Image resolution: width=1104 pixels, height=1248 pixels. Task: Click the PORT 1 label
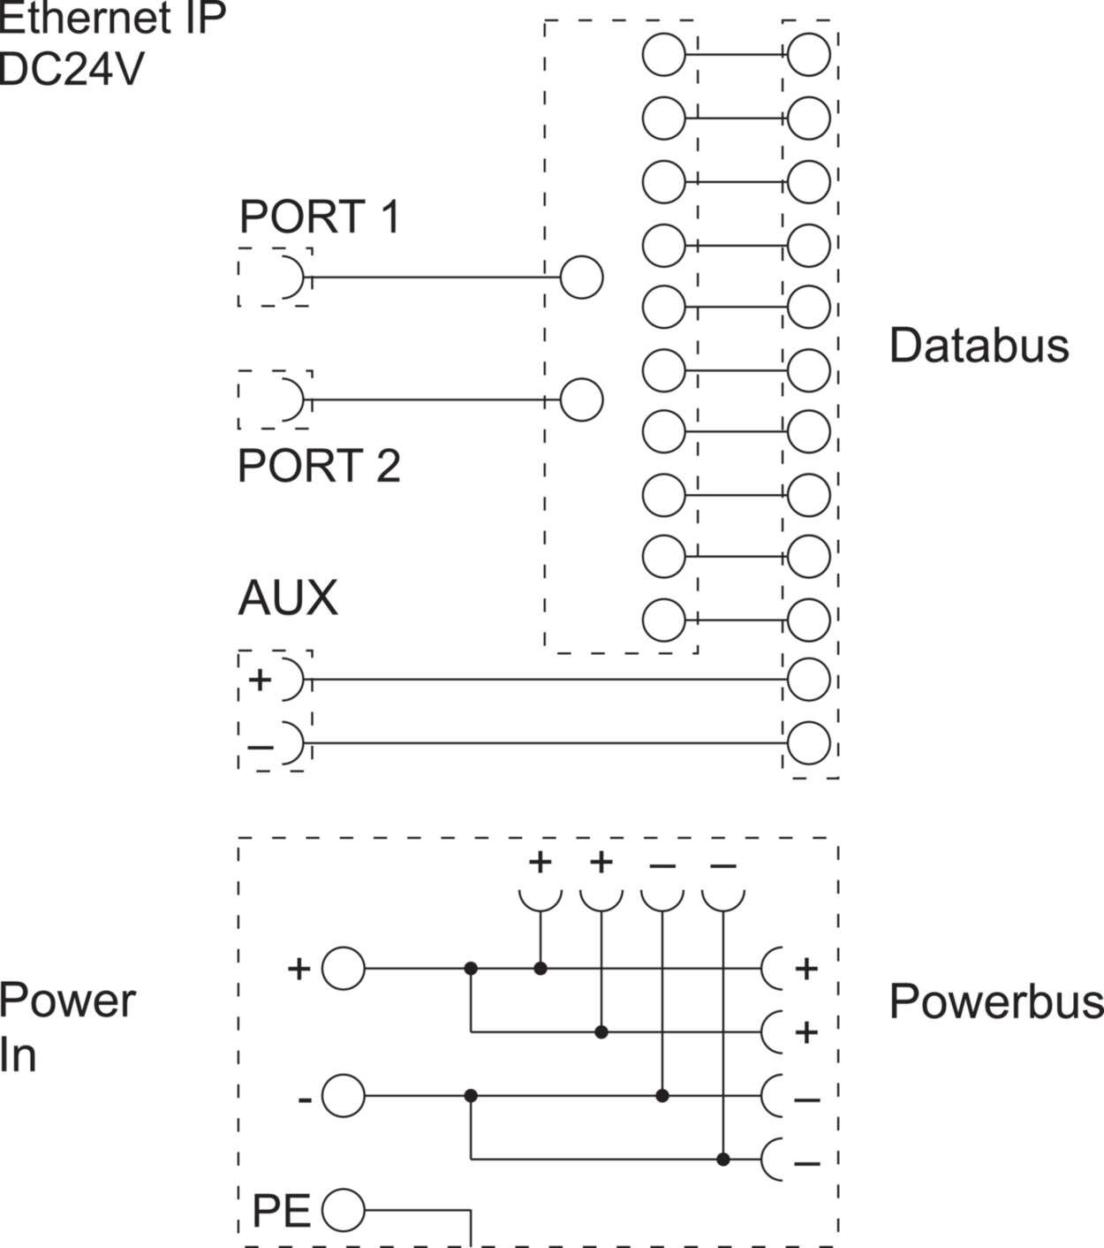click(319, 217)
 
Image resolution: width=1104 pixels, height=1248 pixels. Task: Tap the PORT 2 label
click(319, 466)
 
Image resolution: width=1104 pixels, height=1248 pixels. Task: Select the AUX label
click(288, 598)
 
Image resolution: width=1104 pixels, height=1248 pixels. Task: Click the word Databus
click(979, 346)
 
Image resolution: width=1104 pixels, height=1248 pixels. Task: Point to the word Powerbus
click(996, 1001)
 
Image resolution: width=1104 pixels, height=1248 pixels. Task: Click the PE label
click(281, 1211)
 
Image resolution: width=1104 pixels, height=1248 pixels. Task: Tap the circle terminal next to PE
click(344, 1211)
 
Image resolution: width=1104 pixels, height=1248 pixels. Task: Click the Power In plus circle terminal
click(344, 969)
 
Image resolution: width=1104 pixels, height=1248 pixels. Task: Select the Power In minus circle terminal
click(344, 1097)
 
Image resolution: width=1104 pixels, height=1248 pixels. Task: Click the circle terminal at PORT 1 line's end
click(581, 278)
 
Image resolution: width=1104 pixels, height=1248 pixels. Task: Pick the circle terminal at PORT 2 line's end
click(581, 400)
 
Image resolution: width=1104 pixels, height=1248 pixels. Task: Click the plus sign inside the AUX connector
click(260, 680)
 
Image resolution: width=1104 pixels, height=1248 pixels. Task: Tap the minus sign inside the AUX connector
click(261, 747)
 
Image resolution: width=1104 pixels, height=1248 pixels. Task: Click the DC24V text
click(71, 69)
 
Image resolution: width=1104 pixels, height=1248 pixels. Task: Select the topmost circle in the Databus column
click(808, 55)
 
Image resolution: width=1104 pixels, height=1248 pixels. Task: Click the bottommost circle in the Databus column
click(808, 743)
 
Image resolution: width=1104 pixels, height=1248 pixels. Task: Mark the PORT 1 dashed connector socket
click(275, 278)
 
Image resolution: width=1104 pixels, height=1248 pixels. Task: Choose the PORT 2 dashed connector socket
click(275, 400)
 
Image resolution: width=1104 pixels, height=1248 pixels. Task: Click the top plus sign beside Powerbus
click(805, 970)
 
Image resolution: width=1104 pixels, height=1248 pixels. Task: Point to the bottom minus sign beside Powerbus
click(806, 1163)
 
